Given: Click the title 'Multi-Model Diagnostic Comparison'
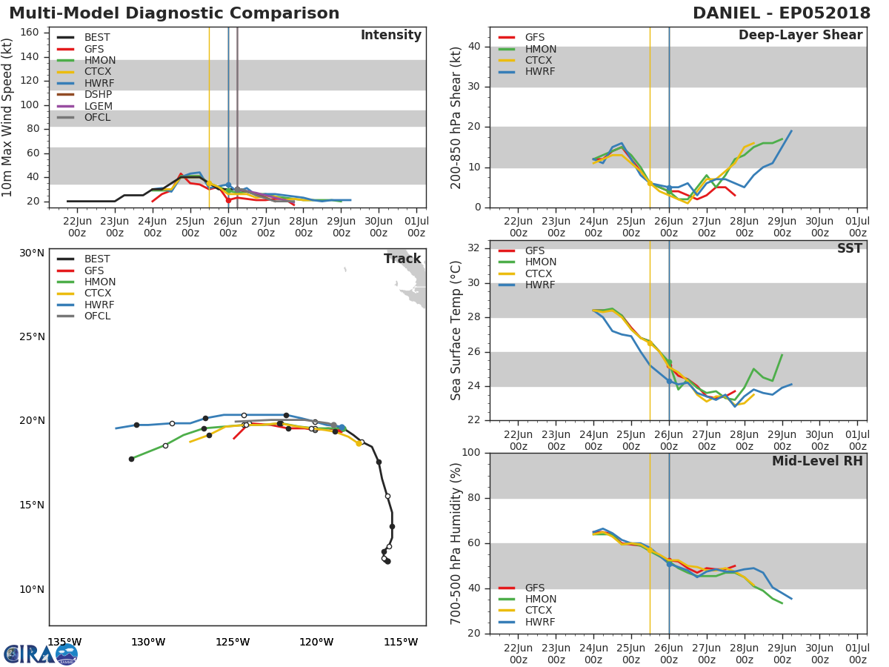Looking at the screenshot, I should [x=174, y=13].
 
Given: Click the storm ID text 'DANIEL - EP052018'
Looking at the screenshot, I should [x=782, y=13].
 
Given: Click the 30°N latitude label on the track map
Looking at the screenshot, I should [x=32, y=253].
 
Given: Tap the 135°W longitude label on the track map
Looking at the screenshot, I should [x=64, y=642].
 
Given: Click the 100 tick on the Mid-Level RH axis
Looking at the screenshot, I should [x=470, y=453].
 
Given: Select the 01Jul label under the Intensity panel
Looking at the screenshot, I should [x=416, y=225].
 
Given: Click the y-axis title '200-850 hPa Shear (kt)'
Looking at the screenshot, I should [x=456, y=117].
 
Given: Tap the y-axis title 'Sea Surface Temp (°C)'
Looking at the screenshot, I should [x=456, y=331].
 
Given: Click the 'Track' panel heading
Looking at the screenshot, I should [x=402, y=259].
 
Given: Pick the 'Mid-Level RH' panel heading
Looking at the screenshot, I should [x=817, y=461].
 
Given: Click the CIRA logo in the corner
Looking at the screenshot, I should [x=41, y=654].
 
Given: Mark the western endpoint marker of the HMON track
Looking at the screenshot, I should [x=131, y=459].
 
